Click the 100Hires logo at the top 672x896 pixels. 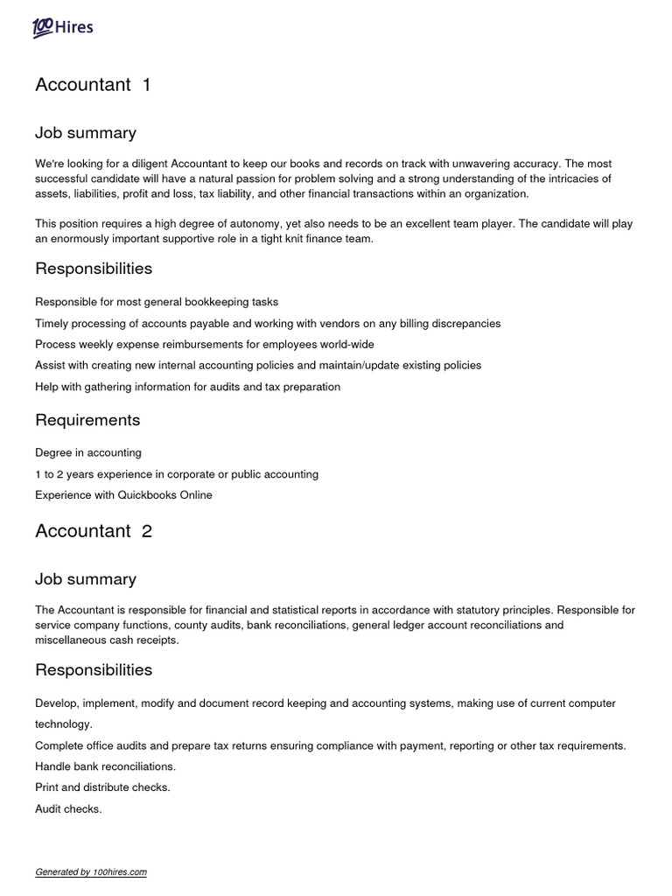click(62, 28)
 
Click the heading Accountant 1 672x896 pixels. click(93, 85)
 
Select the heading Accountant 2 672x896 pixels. click(94, 531)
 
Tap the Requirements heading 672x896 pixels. click(87, 420)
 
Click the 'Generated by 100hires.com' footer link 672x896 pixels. click(91, 872)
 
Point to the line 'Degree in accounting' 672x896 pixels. click(88, 453)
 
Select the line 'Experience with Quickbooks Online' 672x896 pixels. click(123, 495)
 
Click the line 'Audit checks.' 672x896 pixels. click(68, 809)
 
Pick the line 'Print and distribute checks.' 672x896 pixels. click(102, 787)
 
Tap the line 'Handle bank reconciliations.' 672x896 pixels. click(105, 766)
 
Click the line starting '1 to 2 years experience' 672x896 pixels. click(177, 474)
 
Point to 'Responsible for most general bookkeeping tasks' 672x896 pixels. click(157, 302)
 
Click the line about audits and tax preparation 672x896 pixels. click(187, 387)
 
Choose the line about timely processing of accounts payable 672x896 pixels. click(268, 324)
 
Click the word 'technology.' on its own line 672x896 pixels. click(63, 724)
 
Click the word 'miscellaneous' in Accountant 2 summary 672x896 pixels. click(73, 640)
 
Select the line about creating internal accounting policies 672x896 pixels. click(258, 366)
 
